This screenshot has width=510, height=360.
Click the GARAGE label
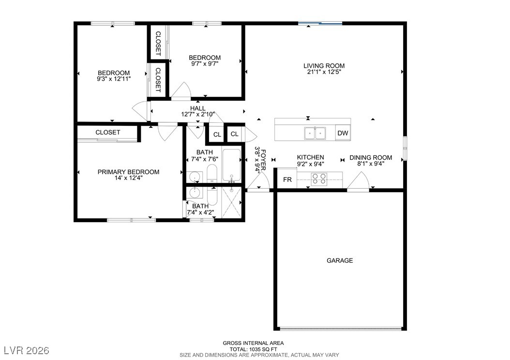[340, 260]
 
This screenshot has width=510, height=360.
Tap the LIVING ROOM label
[324, 66]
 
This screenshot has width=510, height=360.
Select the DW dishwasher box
[343, 133]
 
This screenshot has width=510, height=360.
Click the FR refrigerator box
[287, 180]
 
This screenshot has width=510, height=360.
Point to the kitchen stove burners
[319, 179]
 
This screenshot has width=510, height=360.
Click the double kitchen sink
[315, 133]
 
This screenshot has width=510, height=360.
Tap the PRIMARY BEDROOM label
[129, 172]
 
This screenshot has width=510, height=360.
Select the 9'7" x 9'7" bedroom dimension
[205, 64]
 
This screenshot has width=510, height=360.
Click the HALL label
[198, 108]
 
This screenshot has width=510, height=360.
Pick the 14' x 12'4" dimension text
[129, 178]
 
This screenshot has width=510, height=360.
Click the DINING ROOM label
[371, 158]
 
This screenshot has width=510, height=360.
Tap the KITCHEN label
[310, 157]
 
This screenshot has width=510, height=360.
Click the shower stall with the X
[231, 202]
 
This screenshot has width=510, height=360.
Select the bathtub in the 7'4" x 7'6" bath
[231, 165]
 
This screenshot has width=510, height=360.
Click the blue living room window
[320, 23]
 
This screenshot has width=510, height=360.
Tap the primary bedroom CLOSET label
[107, 133]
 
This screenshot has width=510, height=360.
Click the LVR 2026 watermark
[27, 350]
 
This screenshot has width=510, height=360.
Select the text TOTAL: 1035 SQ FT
[254, 349]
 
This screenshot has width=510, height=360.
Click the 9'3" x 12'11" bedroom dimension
[114, 79]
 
